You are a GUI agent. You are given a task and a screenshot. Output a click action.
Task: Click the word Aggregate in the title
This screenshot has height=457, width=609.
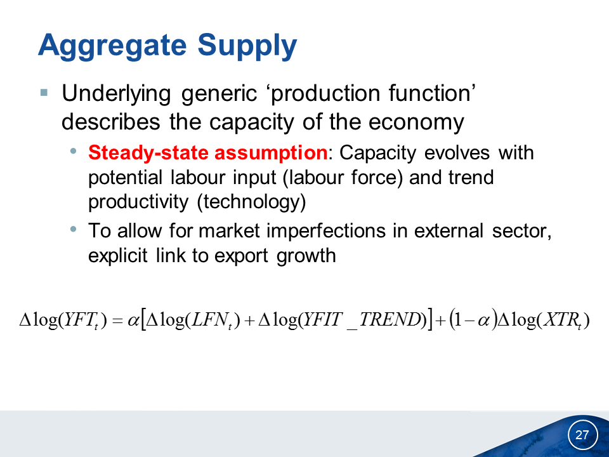pyautogui.click(x=112, y=46)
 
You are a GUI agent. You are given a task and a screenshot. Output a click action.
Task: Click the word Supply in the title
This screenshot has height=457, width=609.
pyautogui.click(x=247, y=46)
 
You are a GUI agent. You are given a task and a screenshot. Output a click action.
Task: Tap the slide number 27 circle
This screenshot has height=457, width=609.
pyautogui.click(x=582, y=434)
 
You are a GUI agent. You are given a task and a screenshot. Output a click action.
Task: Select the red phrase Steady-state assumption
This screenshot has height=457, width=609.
pyautogui.click(x=208, y=152)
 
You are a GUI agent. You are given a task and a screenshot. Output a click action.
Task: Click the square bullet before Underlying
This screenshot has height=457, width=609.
pyautogui.click(x=44, y=93)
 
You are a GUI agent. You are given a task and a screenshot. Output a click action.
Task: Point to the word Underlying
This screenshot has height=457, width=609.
pyautogui.click(x=116, y=95)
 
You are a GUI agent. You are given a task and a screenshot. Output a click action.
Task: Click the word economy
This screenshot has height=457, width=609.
pyautogui.click(x=416, y=123)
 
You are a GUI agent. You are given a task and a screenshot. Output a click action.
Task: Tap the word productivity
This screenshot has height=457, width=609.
pyautogui.click(x=138, y=202)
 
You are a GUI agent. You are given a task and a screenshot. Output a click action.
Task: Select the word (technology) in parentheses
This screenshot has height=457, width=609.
pyautogui.click(x=252, y=202)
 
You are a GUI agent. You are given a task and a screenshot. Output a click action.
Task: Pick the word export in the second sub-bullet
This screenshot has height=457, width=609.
pyautogui.click(x=241, y=256)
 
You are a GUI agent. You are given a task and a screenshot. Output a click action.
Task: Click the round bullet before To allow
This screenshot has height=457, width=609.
pyautogui.click(x=74, y=229)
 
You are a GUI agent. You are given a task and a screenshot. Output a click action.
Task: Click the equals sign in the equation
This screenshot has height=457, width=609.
pyautogui.click(x=117, y=321)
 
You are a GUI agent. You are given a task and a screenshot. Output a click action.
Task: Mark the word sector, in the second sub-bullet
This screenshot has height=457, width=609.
pyautogui.click(x=521, y=232)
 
